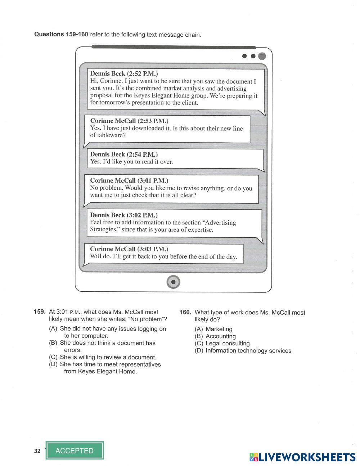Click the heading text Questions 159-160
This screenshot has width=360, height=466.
(x=61, y=35)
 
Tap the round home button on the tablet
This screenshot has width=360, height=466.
(x=174, y=282)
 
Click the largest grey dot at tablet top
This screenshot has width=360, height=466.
(x=262, y=56)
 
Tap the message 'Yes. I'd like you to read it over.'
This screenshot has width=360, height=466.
(x=131, y=162)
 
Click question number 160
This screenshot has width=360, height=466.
(x=185, y=312)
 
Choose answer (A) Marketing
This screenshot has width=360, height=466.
(x=214, y=329)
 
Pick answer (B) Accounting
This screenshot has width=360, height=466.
(x=215, y=336)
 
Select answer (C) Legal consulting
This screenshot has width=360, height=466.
(x=222, y=344)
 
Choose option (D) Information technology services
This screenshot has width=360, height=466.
(x=243, y=351)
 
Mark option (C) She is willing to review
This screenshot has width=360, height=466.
(x=103, y=357)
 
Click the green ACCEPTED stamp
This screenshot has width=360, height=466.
(x=75, y=451)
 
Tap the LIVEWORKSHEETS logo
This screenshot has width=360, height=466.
(x=302, y=457)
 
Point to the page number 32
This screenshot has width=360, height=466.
(x=37, y=451)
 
